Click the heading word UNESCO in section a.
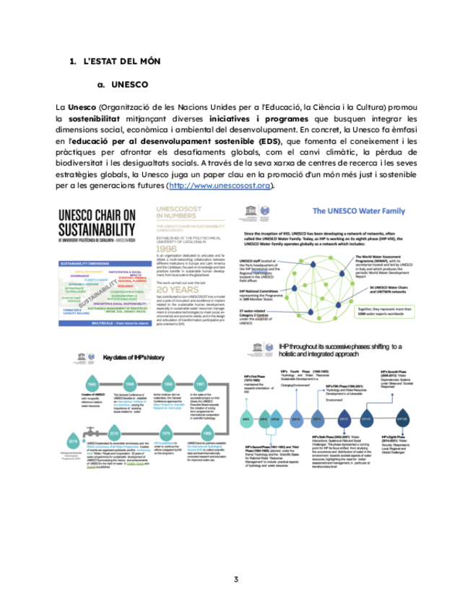(131, 84)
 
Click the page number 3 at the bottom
(235, 578)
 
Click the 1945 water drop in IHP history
(92, 383)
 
